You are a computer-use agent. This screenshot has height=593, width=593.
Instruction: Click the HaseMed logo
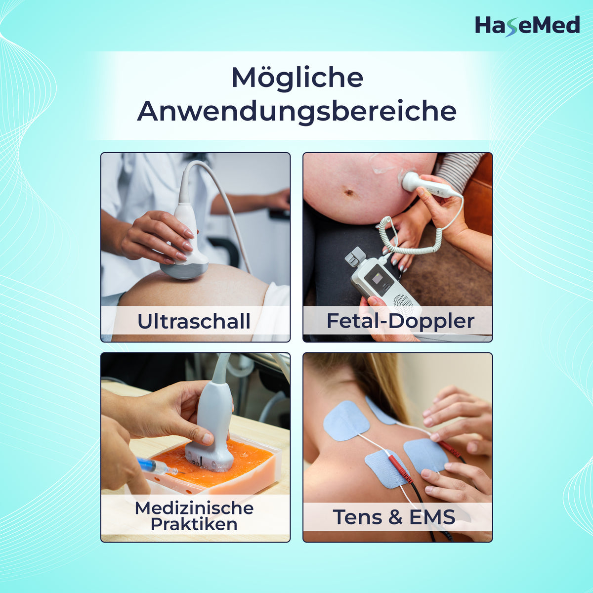527,26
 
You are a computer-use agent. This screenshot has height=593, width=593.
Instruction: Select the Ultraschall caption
194,322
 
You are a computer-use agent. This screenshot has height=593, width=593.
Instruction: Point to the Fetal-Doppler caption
400,322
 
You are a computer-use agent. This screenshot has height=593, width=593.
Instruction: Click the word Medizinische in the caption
194,508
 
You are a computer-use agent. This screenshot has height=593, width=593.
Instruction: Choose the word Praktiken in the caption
194,525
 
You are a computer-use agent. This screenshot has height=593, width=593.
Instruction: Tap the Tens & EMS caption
394,517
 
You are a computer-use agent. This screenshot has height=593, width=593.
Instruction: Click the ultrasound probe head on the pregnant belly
184,268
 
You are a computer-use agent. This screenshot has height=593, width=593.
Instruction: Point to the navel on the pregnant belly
349,192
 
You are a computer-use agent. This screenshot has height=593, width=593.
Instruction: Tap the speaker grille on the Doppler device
403,302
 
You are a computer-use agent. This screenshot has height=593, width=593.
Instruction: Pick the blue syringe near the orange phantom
158,466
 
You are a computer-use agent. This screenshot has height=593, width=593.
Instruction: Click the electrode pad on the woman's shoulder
346,421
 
